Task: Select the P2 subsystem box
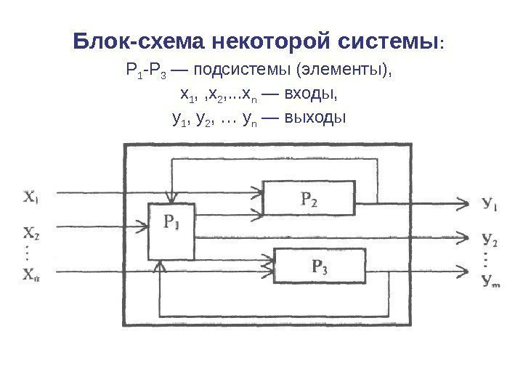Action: tap(309, 197)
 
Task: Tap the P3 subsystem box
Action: tap(319, 266)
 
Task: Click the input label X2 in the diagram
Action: tap(31, 234)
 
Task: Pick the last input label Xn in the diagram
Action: tap(31, 274)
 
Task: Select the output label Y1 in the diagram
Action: tap(491, 204)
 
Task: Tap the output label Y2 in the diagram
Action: tap(490, 237)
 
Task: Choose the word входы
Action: tap(315, 95)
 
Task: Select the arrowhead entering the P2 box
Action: tap(257, 193)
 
